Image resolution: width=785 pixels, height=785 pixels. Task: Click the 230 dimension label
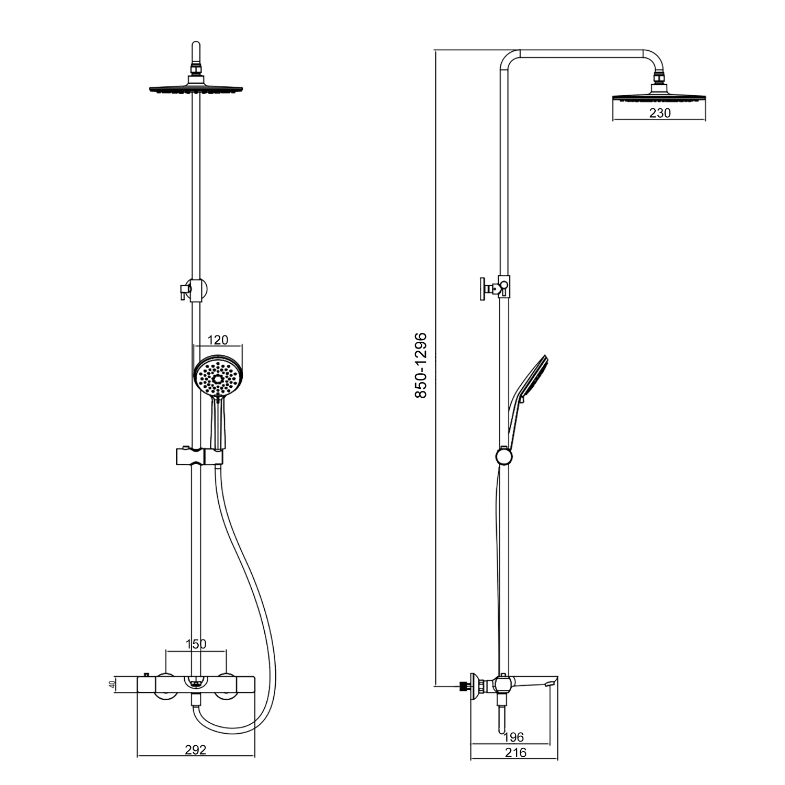pos(659,113)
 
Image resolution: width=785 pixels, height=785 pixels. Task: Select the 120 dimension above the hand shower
pos(218,340)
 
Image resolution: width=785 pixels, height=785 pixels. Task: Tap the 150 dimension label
pos(196,644)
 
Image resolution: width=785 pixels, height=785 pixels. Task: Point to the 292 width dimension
pos(196,749)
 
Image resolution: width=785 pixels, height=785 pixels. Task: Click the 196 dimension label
pos(513,737)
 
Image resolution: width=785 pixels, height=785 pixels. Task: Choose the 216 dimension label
pos(515,753)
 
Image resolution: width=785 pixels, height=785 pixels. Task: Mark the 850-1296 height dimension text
pos(421,365)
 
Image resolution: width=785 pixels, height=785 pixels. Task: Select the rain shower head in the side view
pos(659,95)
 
